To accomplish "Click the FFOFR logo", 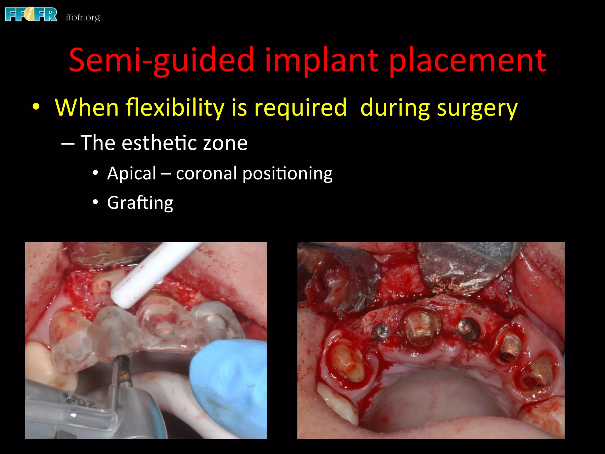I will (31, 15).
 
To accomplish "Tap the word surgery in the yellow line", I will (477, 108).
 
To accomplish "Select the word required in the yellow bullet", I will (300, 108).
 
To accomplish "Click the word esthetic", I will (160, 143).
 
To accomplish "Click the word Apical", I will (132, 174).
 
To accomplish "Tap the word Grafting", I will (140, 203).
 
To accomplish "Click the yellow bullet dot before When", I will (36, 106).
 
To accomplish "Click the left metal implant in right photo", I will (382, 332).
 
